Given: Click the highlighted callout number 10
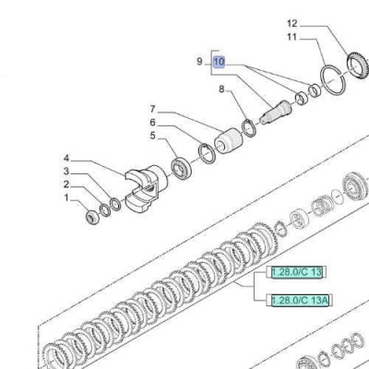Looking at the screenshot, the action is pos(220,62).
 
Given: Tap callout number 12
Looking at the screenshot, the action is pos(292,24).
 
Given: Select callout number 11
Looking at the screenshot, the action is pos(292,37).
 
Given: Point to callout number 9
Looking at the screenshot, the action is pos(200,62).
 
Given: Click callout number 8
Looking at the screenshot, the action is pos(221,89).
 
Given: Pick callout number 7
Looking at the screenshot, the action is pos(153,109).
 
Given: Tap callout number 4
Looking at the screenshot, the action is pos(66,159).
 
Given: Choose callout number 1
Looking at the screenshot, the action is pos(66,197).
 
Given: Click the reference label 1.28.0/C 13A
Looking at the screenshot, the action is pos(300,301).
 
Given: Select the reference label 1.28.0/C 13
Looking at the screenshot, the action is pos(296,272).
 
